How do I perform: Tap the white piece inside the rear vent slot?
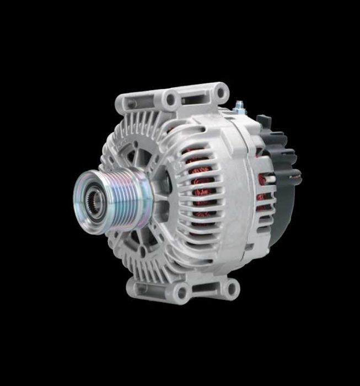(x=272, y=179)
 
